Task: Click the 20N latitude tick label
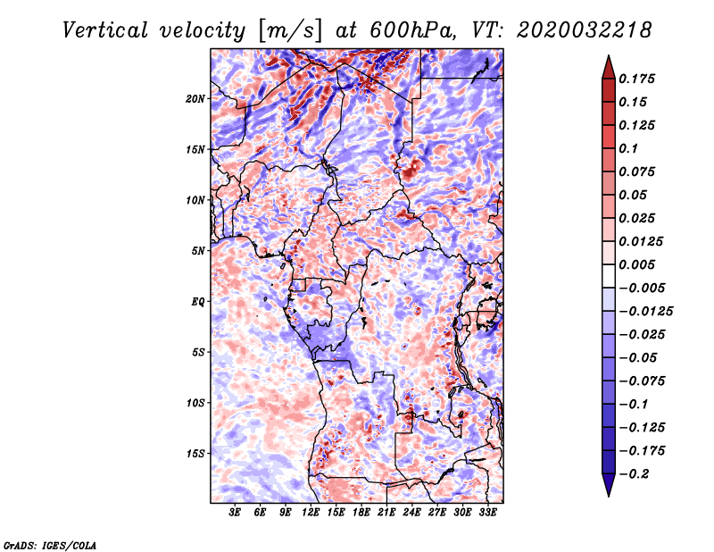pyautogui.click(x=195, y=98)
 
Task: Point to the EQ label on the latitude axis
pyautogui.click(x=197, y=302)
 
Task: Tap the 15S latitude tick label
pyautogui.click(x=195, y=454)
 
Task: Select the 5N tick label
pyautogui.click(x=198, y=251)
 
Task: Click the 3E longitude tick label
pyautogui.click(x=235, y=513)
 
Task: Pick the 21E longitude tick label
pyautogui.click(x=386, y=513)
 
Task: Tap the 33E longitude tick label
pyautogui.click(x=487, y=513)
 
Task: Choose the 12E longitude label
pyautogui.click(x=311, y=513)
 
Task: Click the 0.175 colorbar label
pyautogui.click(x=636, y=79)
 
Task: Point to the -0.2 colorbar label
pyautogui.click(x=634, y=474)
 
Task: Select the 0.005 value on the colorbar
pyautogui.click(x=636, y=264)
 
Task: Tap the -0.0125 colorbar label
pyautogui.click(x=645, y=312)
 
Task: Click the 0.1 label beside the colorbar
pyautogui.click(x=628, y=148)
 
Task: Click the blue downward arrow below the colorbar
pyautogui.click(x=609, y=485)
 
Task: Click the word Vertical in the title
pyautogui.click(x=105, y=30)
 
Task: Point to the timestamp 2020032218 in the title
pyautogui.click(x=585, y=30)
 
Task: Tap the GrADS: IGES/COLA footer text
pyautogui.click(x=50, y=545)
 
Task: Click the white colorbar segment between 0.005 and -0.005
pyautogui.click(x=609, y=276)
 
